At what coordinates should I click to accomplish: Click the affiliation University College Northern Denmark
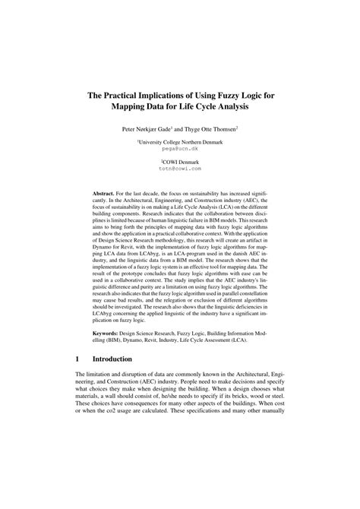179,142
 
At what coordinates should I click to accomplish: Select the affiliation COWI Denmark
180,163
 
